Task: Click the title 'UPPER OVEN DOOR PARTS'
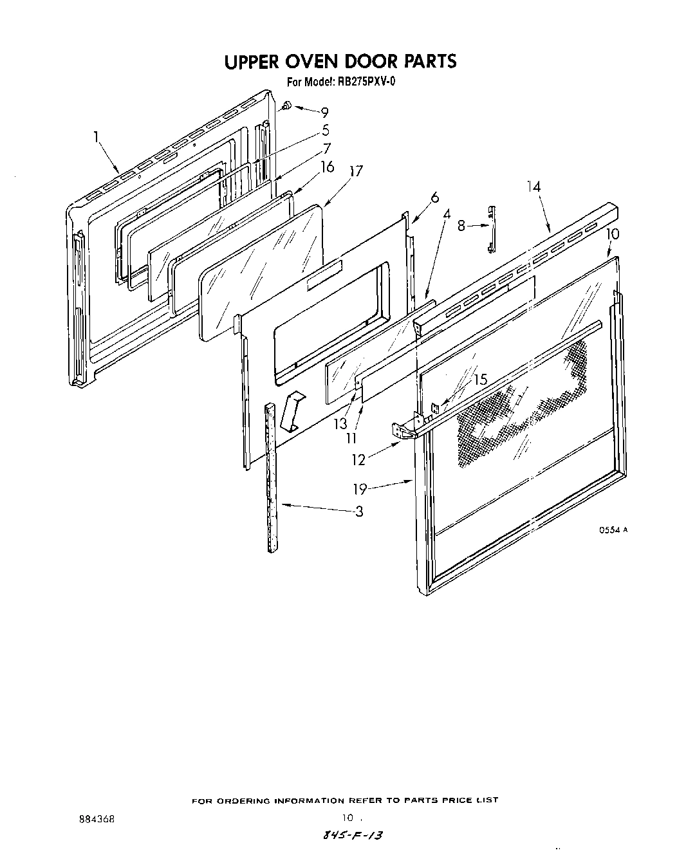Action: [x=340, y=61]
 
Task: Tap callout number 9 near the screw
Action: [x=324, y=111]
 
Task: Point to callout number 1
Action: [x=96, y=136]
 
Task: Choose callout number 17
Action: [x=356, y=171]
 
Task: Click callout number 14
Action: [x=533, y=187]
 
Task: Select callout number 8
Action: [x=461, y=225]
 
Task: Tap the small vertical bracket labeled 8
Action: [x=492, y=229]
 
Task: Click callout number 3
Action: [x=358, y=511]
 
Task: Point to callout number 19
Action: [x=360, y=490]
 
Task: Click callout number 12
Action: [x=358, y=459]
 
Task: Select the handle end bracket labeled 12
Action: [x=402, y=432]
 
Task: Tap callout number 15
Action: [x=480, y=380]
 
